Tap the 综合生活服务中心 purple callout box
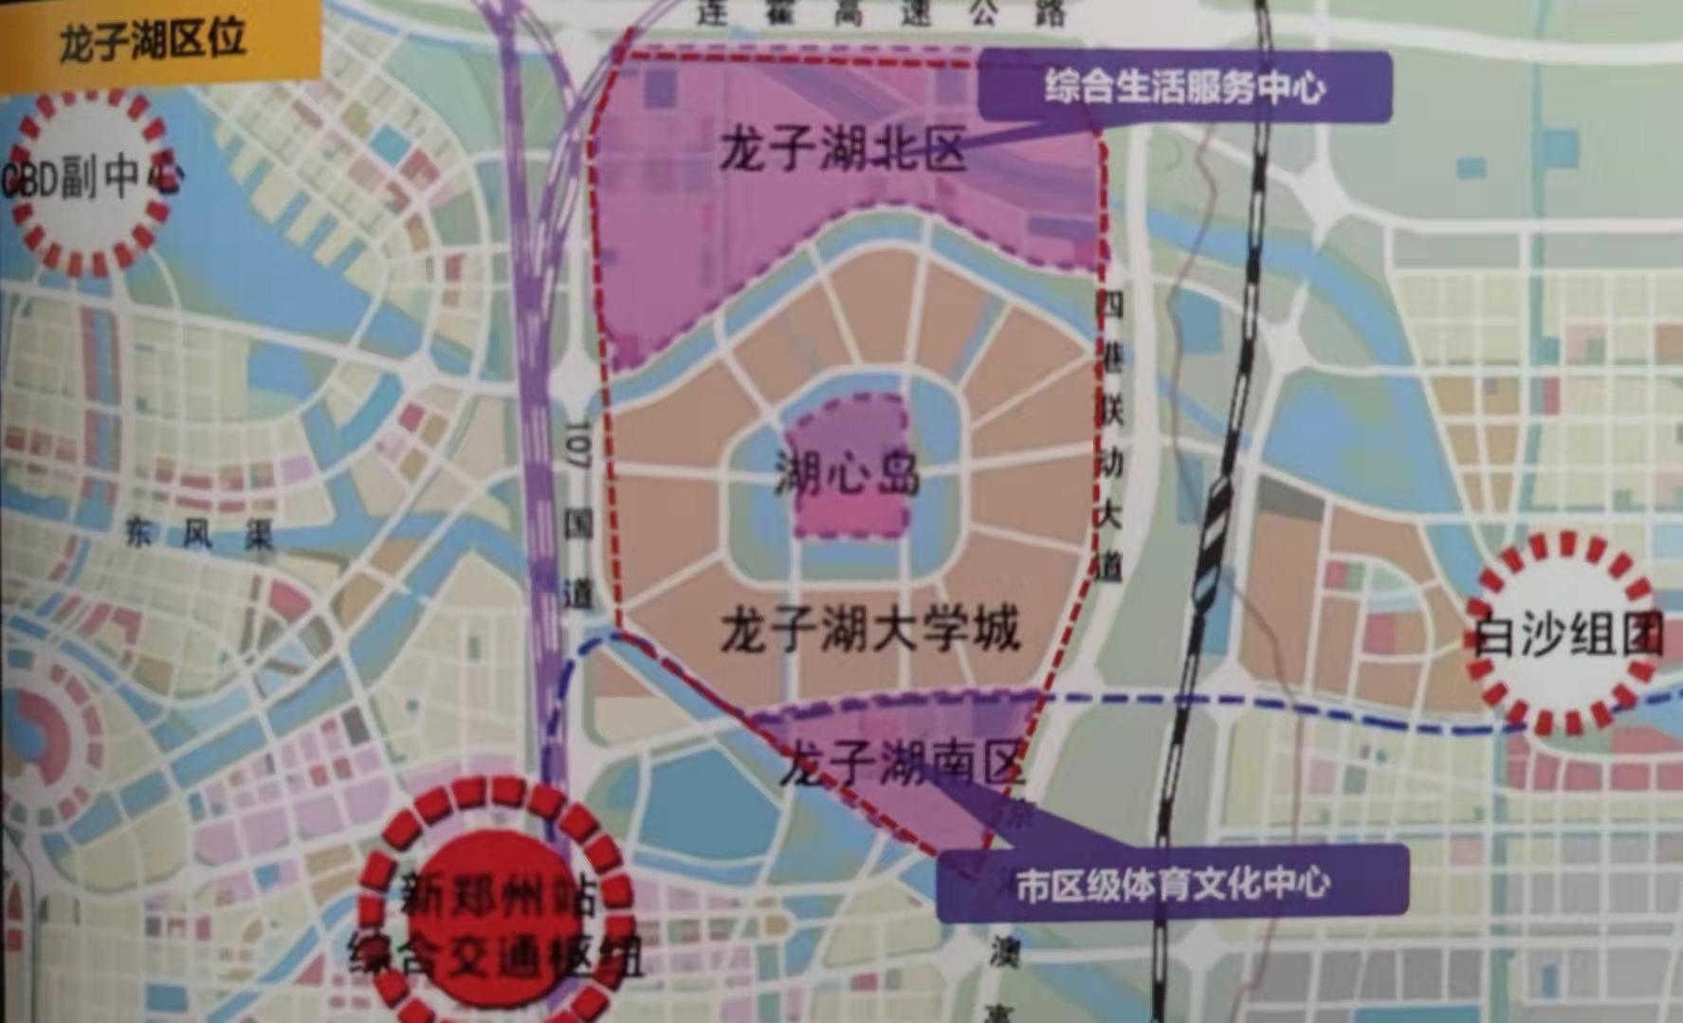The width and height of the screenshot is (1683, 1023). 1185,87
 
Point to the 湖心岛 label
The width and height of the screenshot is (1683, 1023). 847,472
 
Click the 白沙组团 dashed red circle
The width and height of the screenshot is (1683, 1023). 1564,633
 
